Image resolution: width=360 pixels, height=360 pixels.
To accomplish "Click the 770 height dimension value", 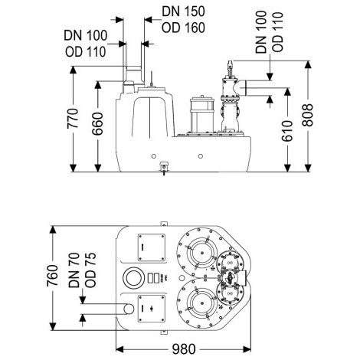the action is (73, 119).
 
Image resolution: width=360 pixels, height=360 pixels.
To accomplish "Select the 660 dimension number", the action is (97, 124).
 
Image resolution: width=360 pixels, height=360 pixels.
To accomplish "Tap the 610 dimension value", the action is (287, 131).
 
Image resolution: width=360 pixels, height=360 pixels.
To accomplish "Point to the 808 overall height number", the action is (308, 115).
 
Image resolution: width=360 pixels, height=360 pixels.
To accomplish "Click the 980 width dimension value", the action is (184, 349).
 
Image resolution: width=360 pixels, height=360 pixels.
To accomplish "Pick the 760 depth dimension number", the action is (53, 276).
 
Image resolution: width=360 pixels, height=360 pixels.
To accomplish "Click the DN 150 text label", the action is (183, 11).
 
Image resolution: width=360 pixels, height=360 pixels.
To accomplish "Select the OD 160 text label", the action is (183, 28).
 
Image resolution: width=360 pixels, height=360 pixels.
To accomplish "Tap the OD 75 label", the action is (90, 270).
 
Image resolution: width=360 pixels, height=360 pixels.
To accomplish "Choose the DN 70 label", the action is (74, 270).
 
